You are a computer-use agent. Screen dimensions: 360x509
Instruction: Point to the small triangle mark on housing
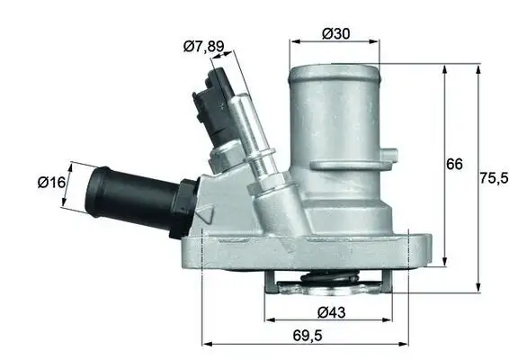pos(205,217)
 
